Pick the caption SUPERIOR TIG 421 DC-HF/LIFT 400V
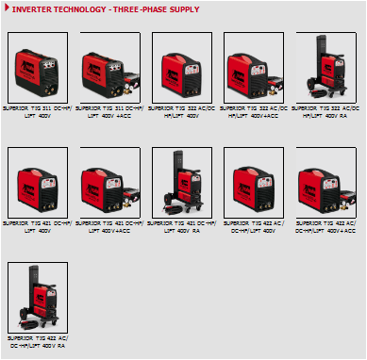pos(37,227)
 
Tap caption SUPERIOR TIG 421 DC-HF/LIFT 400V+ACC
pos(108,227)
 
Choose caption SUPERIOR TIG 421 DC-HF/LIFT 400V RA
pos(181,227)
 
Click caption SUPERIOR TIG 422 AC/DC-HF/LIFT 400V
pos(254,227)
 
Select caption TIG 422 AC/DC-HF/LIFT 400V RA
pos(37,341)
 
